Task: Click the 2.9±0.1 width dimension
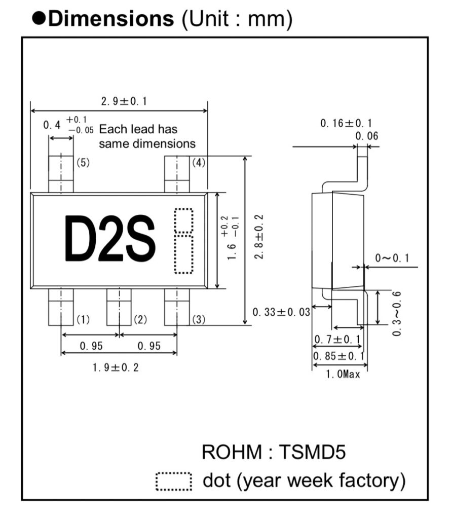124,101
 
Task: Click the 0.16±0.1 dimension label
346,123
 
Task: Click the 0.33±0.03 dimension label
282,312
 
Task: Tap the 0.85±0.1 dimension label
339,356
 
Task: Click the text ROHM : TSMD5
274,452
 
